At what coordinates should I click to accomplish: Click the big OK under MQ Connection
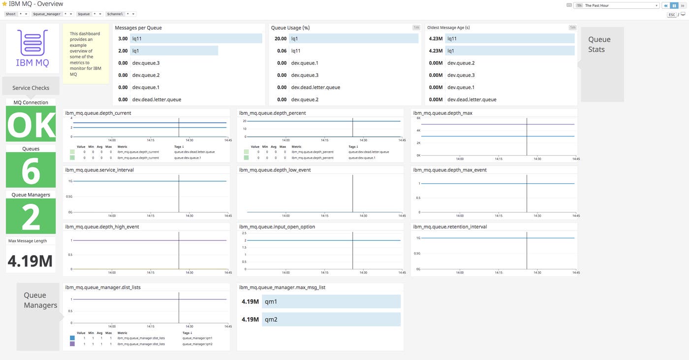pyautogui.click(x=31, y=125)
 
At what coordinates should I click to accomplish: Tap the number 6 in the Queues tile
pyautogui.click(x=31, y=171)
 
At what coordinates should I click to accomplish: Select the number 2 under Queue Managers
pyautogui.click(x=31, y=217)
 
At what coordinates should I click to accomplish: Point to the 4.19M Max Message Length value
pyautogui.click(x=31, y=261)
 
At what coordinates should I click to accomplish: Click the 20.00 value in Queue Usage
pyautogui.click(x=281, y=38)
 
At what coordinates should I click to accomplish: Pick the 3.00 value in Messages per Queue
pyautogui.click(x=123, y=38)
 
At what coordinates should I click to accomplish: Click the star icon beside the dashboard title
pyautogui.click(x=4, y=4)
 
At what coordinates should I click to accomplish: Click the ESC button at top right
pyautogui.click(x=672, y=15)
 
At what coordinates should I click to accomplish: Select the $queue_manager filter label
pyautogui.click(x=47, y=14)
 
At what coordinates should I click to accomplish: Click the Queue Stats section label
pyautogui.click(x=599, y=44)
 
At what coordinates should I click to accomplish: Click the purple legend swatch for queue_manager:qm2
pyautogui.click(x=72, y=344)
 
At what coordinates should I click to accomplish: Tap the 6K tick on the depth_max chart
pyautogui.click(x=418, y=118)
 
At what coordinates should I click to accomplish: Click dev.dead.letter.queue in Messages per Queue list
pyautogui.click(x=157, y=99)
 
